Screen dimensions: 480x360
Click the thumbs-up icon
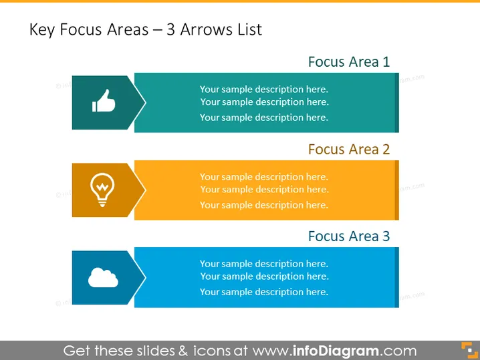coord(104,101)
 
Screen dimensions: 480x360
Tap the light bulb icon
coord(102,190)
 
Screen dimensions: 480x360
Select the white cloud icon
coord(103,277)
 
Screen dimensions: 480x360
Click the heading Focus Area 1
coord(349,62)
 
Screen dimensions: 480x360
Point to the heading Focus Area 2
coord(349,149)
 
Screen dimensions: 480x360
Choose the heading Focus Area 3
coord(349,236)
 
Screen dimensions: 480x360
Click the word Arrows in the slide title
coord(203,29)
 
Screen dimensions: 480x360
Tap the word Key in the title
coord(42,30)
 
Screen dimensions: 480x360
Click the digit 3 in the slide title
coord(170,29)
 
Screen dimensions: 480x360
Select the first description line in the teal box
coord(264,89)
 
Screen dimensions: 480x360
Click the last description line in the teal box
coord(264,118)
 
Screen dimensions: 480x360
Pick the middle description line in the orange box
coord(265,190)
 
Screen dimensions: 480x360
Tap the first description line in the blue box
coord(264,264)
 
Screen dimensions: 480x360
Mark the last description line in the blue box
coord(264,292)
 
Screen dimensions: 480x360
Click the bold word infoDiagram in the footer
coord(336,351)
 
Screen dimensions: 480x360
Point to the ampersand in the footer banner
coord(183,351)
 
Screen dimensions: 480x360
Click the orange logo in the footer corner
coord(469,350)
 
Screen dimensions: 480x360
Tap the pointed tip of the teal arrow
coord(146,102)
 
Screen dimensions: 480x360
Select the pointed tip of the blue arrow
coord(146,277)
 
